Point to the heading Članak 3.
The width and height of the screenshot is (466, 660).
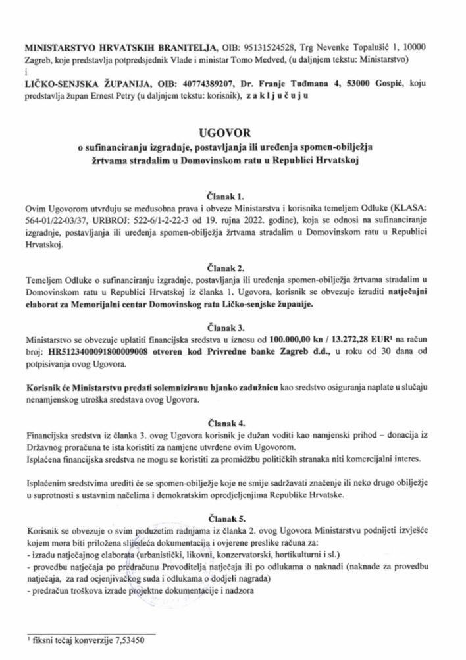(233, 325)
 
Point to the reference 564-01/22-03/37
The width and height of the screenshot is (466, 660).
(55, 222)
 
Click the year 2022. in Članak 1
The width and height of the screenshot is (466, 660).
(236, 222)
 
